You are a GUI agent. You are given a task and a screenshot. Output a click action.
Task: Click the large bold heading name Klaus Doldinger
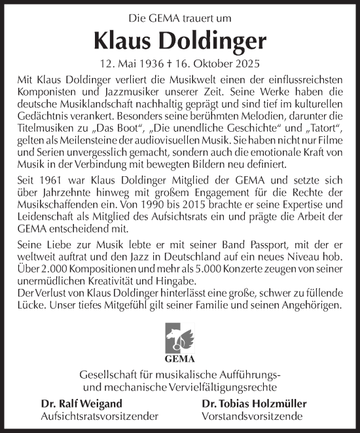click(x=180, y=41)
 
